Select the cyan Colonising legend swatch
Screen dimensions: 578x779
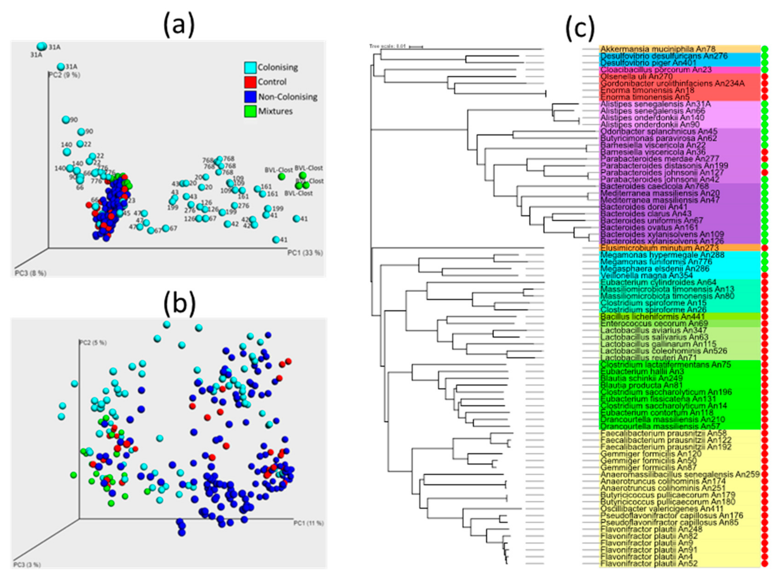coord(250,67)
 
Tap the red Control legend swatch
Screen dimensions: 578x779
coord(250,82)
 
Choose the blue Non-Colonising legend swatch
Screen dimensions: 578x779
coord(250,97)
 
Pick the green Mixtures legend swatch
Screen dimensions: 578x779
coord(250,112)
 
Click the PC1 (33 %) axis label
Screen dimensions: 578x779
coord(305,253)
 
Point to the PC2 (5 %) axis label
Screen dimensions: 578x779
coord(93,342)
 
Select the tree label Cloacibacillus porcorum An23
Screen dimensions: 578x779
coord(656,70)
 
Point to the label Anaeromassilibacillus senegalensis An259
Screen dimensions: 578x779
coord(680,474)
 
